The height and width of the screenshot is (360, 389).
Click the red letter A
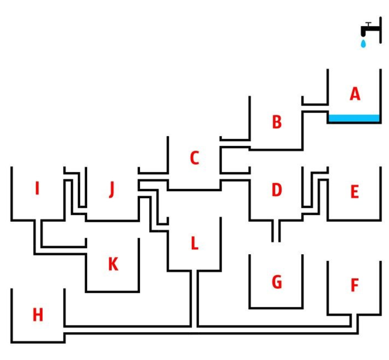coord(355,95)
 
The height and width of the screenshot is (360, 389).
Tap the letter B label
coord(276,122)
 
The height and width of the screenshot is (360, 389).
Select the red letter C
coord(194,158)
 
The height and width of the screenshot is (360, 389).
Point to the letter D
coord(276,190)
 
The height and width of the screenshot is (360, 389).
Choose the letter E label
coord(354,192)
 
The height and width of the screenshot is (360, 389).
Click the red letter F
coord(354,286)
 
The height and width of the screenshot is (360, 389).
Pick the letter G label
coord(276,281)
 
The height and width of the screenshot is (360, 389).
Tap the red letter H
coord(37,315)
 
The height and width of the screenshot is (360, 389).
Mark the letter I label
coord(37,189)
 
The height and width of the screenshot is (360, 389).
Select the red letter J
coord(111,189)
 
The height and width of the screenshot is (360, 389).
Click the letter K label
coord(113,264)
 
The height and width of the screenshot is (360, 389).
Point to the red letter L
coord(194,244)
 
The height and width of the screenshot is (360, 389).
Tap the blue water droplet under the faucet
coord(363,43)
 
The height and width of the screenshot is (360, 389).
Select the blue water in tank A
coord(354,119)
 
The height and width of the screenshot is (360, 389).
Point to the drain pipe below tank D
coord(276,231)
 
